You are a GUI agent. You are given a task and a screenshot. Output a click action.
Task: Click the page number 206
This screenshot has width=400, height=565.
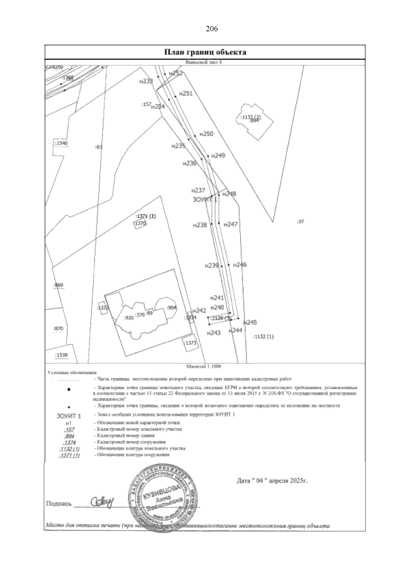tap(212, 29)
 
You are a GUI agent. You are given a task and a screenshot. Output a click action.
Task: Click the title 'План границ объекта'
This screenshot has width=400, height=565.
tap(205, 52)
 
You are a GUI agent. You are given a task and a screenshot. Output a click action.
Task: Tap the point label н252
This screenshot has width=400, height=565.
tap(176, 73)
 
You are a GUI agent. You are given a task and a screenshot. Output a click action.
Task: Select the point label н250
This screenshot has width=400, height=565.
tap(206, 134)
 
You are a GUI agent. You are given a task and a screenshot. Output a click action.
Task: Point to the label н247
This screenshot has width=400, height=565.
tap(230, 224)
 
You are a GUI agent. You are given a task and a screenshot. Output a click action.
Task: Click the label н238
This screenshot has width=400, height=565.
tap(200, 225)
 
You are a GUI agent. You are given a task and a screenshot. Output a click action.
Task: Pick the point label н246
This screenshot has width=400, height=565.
tap(240, 265)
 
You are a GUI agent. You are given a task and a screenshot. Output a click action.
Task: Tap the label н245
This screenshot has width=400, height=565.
tap(250, 322)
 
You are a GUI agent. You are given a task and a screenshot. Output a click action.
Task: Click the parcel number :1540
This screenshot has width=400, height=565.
tap(61, 143)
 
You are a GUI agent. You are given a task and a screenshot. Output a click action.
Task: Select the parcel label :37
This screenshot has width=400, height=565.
tap(300, 221)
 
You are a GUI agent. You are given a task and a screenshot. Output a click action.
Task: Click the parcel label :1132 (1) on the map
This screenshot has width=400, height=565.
tap(263, 337)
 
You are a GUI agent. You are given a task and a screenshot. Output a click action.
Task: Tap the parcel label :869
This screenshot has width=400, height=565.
tap(58, 285)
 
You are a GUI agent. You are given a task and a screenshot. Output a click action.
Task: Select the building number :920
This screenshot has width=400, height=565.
tap(128, 318)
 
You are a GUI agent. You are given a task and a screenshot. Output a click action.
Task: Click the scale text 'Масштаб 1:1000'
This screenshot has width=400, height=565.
tap(205, 366)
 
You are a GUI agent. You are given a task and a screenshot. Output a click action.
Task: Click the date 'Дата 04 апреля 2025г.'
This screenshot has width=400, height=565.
tap(272, 481)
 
